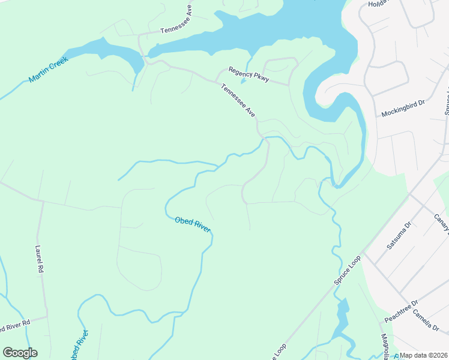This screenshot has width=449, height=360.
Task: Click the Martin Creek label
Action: (x=50, y=71)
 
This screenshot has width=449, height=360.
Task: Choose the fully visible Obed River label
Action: (x=193, y=226)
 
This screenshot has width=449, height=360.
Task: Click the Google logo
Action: (x=20, y=353)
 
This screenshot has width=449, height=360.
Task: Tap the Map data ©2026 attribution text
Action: (x=422, y=355)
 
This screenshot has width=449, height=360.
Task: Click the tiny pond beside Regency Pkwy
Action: (x=243, y=81)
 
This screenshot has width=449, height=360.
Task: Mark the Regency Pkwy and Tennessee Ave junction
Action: (x=217, y=80)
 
